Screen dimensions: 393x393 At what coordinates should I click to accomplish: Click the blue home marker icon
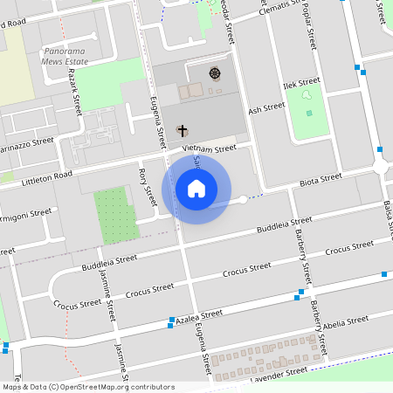pyautogui.click(x=196, y=188)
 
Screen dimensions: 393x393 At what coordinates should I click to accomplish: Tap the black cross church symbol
pyautogui.click(x=183, y=131)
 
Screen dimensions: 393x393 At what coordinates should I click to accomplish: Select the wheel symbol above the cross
pyautogui.click(x=215, y=72)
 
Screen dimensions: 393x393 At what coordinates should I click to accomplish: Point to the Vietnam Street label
pyautogui.click(x=209, y=149)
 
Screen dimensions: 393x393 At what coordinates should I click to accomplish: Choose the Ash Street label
pyautogui.click(x=266, y=109)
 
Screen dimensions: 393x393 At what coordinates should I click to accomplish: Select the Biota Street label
pyautogui.click(x=320, y=180)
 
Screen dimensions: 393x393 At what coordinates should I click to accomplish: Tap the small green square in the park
pyautogui.click(x=309, y=113)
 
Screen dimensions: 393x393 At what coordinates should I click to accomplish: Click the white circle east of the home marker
pyautogui.click(x=244, y=200)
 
